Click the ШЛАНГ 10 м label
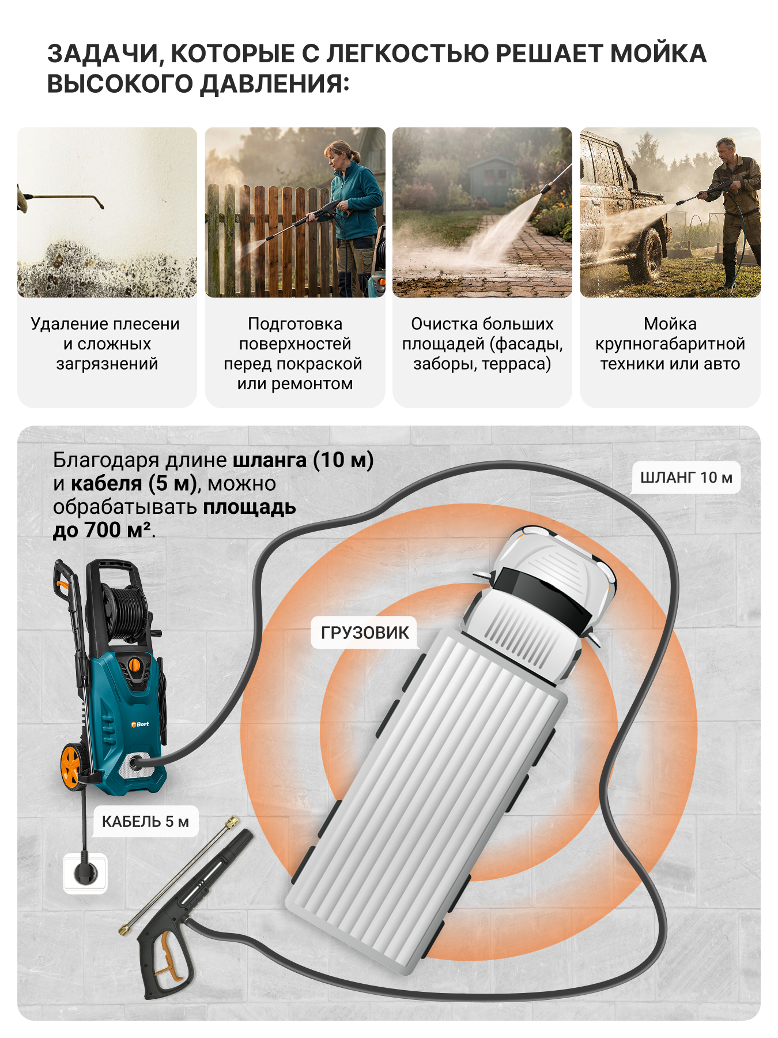click(686, 477)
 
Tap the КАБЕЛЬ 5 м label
click(145, 821)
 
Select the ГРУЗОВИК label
click(365, 633)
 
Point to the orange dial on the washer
click(134, 665)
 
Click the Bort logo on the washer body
click(140, 724)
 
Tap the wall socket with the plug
click(85, 873)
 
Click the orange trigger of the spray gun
click(167, 957)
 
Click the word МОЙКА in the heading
click(658, 54)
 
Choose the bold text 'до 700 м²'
click(102, 530)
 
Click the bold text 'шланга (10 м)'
click(303, 460)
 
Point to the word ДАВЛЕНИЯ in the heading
click(274, 84)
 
